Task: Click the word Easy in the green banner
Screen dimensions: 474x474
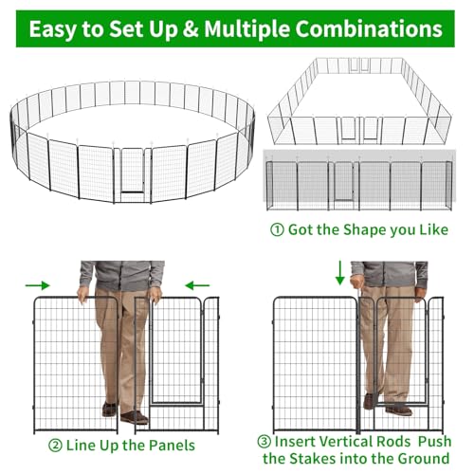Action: [x=54, y=29]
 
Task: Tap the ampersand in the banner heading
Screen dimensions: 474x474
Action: [x=191, y=29]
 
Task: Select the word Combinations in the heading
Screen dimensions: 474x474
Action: [x=369, y=28]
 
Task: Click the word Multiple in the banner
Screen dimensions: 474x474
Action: [x=246, y=29]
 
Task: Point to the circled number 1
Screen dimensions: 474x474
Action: [x=277, y=229]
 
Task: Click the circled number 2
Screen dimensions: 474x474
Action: [x=55, y=446]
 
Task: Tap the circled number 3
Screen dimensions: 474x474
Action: [x=264, y=442]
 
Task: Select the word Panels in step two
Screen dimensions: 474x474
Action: [x=172, y=446]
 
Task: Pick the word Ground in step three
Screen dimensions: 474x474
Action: [x=424, y=458]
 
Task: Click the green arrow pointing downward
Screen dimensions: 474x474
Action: [x=340, y=273]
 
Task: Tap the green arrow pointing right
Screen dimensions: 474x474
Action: [x=38, y=285]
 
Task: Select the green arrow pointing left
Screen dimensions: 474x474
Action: [x=197, y=285]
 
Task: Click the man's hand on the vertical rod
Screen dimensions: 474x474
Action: [x=357, y=282]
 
